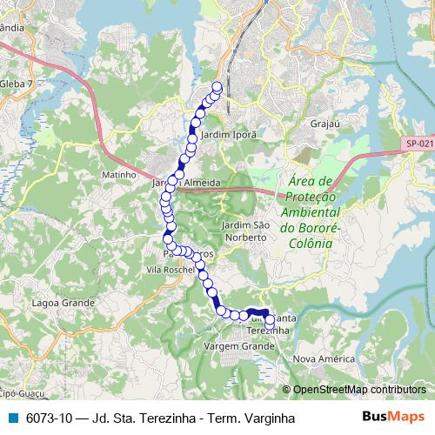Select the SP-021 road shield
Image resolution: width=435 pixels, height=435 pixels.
point(419,144)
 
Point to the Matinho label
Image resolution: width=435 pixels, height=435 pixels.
point(121,174)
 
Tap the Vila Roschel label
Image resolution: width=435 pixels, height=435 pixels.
point(169,271)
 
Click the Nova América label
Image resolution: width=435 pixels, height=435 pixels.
point(325,358)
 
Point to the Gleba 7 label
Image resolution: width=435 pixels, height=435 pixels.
point(17,83)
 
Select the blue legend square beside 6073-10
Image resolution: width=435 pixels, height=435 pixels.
point(13,418)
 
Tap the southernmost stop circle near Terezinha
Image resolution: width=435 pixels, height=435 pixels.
point(270,329)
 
